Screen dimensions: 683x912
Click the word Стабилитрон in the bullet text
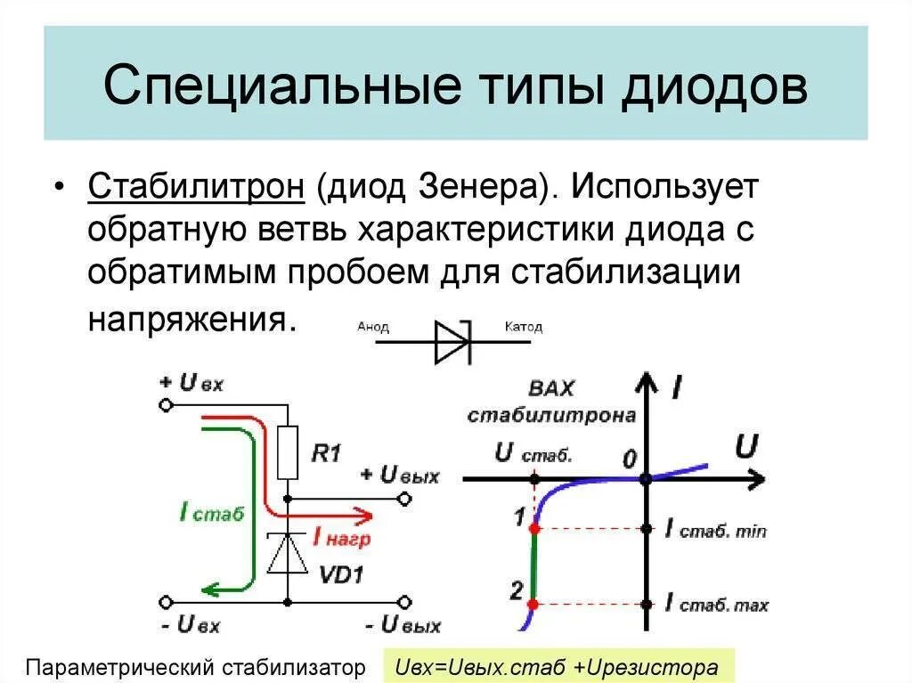[x=197, y=189]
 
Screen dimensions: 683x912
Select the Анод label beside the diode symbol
[x=373, y=327]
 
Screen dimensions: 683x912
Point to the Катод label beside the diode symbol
[x=523, y=327]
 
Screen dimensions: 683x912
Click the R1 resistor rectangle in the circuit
[x=288, y=453]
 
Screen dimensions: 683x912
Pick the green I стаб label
[x=211, y=513]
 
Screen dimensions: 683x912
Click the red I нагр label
[x=341, y=539]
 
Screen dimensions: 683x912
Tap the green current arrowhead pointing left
[x=209, y=587]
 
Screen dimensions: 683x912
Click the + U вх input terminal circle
[x=165, y=404]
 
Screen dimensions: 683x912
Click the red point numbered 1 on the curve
[x=534, y=529]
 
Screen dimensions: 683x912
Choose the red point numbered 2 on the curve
[x=533, y=604]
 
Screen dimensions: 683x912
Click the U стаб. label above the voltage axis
[x=533, y=453]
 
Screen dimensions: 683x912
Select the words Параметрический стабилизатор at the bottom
[x=197, y=666]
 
